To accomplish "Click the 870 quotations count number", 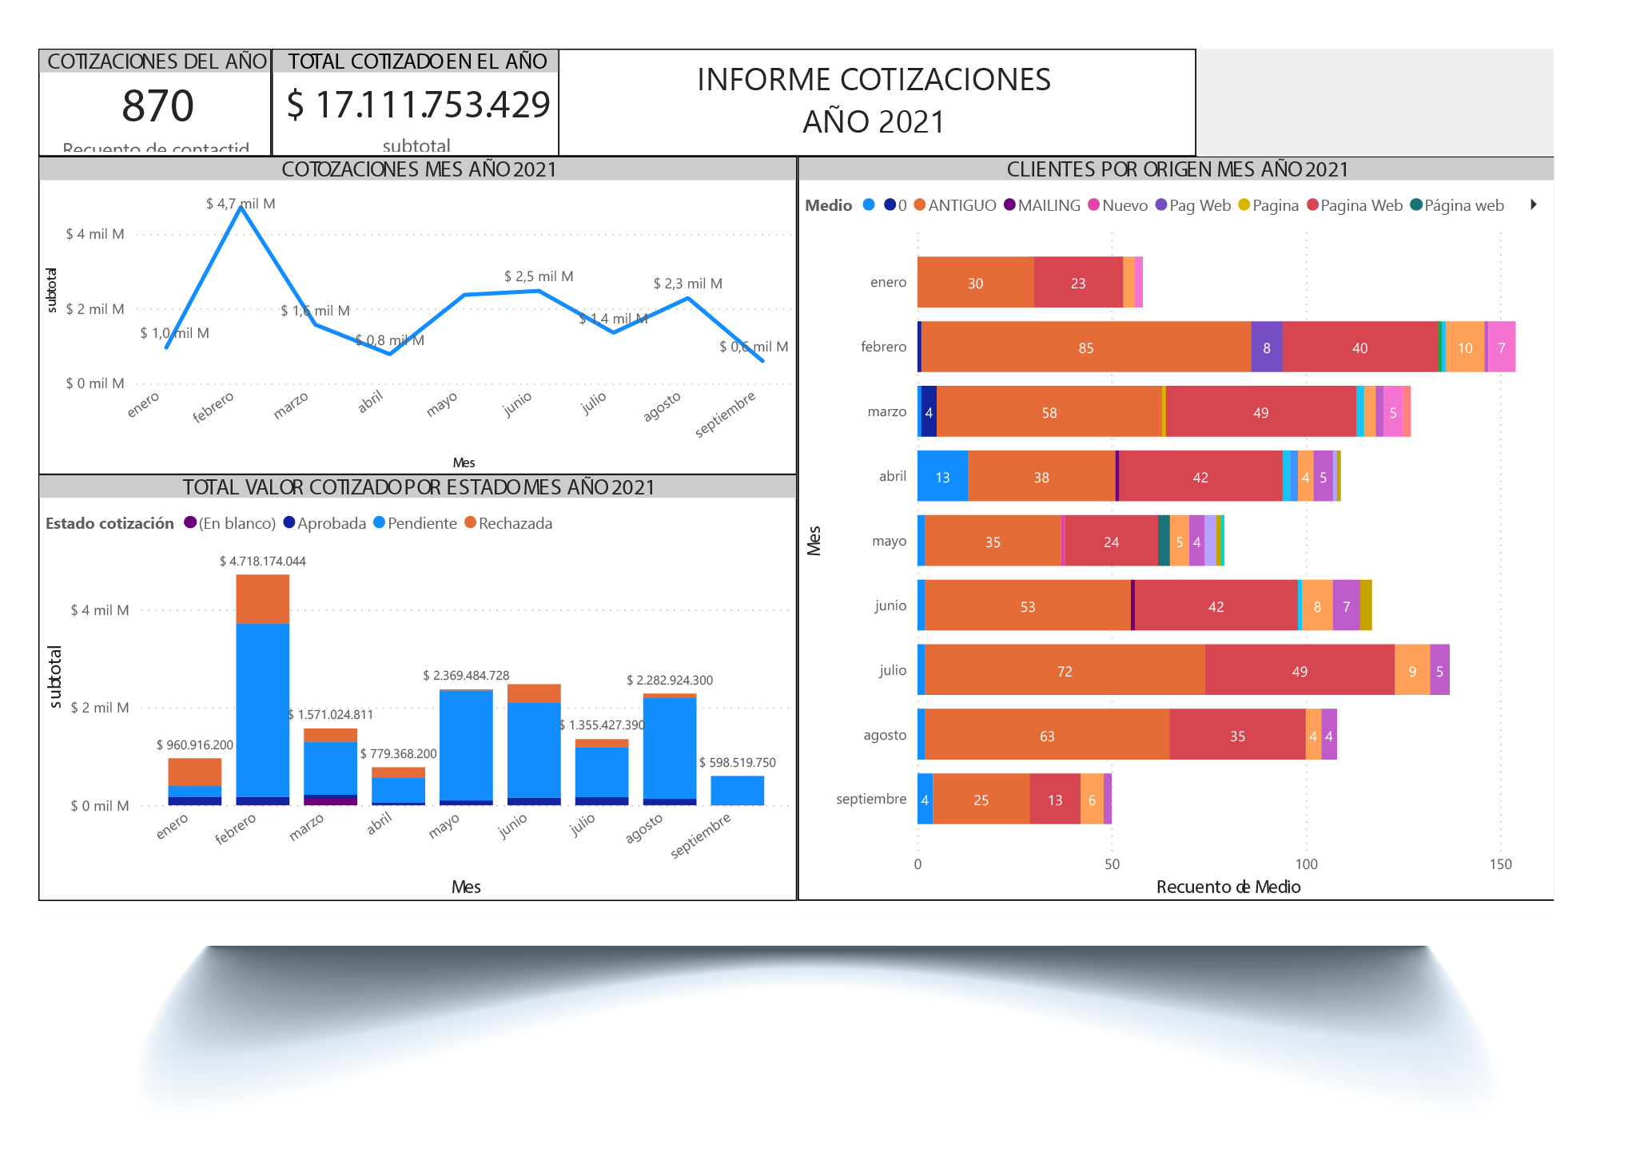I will [157, 106].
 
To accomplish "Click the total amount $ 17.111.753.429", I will [418, 105].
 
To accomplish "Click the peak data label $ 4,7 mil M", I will [240, 204].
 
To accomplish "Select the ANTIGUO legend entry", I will [955, 205].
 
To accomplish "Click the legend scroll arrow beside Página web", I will [1533, 204].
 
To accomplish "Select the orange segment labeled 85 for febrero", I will [1085, 347].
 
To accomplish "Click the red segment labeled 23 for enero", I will [1077, 283].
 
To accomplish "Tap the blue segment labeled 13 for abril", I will [942, 477].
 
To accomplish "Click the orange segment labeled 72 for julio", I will [1064, 671].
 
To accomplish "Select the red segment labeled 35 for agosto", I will [1236, 736].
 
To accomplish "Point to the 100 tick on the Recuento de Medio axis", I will [1306, 863].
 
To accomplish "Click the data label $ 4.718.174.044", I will [262, 562].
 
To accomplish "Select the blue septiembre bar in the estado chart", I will [737, 790].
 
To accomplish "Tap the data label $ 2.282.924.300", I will [669, 681].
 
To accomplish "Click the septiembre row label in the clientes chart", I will [870, 799].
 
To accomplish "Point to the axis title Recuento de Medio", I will [1228, 887].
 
